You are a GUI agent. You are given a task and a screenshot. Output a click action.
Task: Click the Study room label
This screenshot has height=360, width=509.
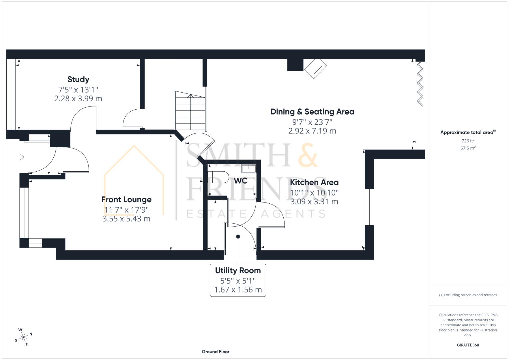(78, 79)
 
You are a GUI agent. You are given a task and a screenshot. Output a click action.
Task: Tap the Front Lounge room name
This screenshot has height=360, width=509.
(126, 199)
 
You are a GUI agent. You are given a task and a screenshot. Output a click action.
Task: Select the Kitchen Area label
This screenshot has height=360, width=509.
(314, 182)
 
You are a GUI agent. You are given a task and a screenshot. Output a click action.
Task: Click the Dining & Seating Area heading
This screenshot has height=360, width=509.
(312, 112)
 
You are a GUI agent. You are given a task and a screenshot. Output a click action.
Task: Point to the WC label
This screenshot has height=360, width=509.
(240, 181)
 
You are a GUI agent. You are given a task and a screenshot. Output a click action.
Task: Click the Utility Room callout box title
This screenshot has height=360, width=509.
(238, 270)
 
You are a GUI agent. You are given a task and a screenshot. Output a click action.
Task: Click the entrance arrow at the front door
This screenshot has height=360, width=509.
(21, 157)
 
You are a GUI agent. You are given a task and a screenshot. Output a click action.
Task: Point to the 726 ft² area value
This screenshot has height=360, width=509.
(468, 141)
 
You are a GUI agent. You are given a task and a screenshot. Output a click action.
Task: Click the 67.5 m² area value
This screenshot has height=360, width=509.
(468, 148)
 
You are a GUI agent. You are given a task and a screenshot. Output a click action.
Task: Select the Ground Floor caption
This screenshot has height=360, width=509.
(215, 351)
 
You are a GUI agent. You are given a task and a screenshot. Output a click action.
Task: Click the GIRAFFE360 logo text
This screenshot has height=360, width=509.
(468, 345)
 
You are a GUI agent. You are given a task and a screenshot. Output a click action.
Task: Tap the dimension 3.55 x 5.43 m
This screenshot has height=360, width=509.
(126, 219)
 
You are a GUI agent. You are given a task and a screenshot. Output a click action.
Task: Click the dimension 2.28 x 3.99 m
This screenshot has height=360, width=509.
(78, 99)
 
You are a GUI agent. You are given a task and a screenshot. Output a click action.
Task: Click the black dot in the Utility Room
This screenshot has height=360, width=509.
(238, 237)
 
